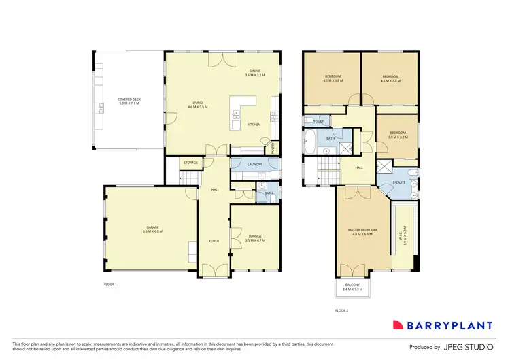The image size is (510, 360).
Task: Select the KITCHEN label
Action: pyautogui.click(x=254, y=125)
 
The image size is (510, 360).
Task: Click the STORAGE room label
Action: pyautogui.click(x=191, y=163)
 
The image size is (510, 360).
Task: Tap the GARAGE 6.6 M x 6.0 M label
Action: pyautogui.click(x=152, y=230)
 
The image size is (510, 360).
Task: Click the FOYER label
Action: pyautogui.click(x=214, y=240)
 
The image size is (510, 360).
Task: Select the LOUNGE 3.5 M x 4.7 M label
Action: pyautogui.click(x=254, y=238)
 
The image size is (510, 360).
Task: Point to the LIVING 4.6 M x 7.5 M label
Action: pyautogui.click(x=197, y=105)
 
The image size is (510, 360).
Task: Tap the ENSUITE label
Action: pyautogui.click(x=398, y=182)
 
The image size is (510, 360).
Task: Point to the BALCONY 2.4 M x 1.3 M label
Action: pyautogui.click(x=352, y=288)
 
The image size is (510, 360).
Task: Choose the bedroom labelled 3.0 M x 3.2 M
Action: pyautogui.click(x=397, y=135)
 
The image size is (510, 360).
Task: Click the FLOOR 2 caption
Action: pyautogui.click(x=341, y=310)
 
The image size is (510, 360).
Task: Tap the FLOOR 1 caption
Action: pyautogui.click(x=110, y=283)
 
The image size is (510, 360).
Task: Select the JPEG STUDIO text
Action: pyautogui.click(x=469, y=347)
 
